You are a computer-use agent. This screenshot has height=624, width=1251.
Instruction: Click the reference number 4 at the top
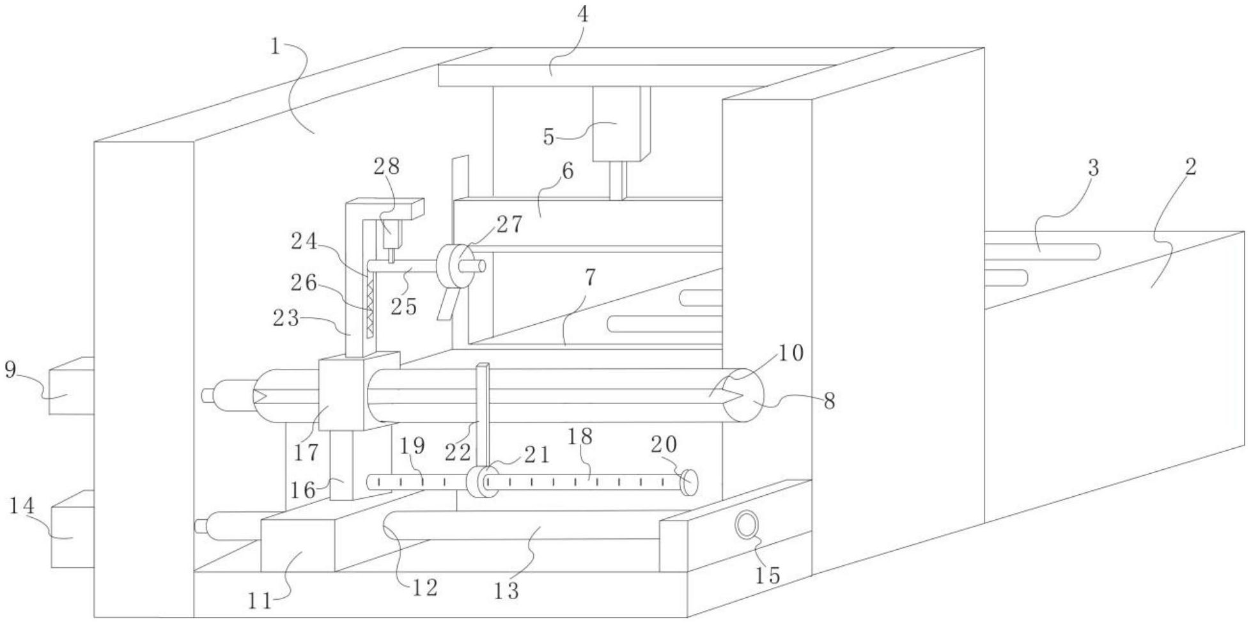tap(582, 14)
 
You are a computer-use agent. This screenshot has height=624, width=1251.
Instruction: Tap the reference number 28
tap(387, 166)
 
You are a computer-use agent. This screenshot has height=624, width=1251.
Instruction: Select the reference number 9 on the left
tap(10, 370)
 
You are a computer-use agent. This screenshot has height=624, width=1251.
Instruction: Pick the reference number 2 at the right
tap(1190, 168)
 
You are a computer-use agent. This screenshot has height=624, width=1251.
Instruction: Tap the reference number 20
tap(664, 444)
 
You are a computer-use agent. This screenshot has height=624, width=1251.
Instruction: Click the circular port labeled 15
tap(746, 526)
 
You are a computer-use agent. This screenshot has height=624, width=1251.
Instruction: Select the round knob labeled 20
tap(688, 482)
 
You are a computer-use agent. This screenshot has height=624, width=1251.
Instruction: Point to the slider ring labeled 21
tap(478, 482)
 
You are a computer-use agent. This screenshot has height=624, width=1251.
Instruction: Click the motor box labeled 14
tap(72, 529)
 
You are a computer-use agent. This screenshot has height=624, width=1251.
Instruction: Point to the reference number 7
tap(589, 277)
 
